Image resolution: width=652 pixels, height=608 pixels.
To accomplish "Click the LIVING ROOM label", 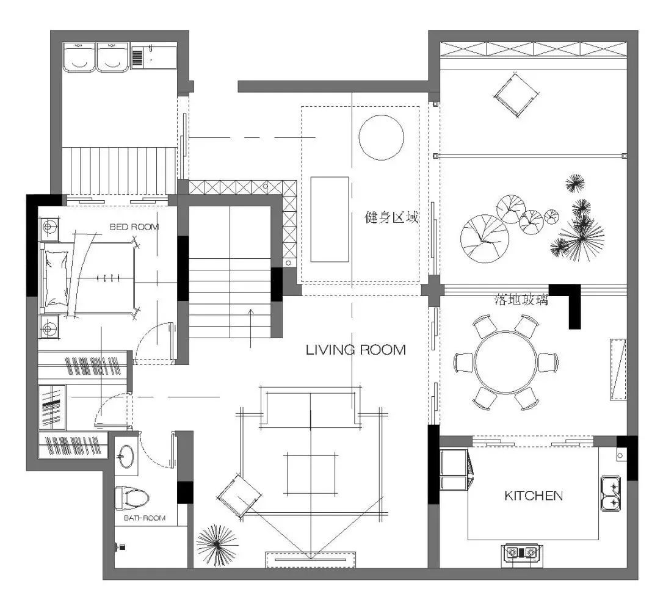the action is point(356,350).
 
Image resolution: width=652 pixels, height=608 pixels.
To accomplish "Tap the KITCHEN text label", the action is point(534,495).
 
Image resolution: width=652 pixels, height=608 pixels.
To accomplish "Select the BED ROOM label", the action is point(134,226).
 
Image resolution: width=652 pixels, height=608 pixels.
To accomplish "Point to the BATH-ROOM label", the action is point(145,518).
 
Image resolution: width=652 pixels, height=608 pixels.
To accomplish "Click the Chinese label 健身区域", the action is point(392,217).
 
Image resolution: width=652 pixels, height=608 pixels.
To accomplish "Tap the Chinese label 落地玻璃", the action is point(521,300).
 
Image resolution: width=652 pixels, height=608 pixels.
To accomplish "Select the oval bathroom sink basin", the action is point(126,456).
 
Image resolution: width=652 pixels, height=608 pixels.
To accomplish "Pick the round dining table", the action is point(506,361).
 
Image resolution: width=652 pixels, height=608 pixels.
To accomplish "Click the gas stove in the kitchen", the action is point(521,552).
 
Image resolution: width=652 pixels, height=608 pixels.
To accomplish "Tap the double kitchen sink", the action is point(611,494).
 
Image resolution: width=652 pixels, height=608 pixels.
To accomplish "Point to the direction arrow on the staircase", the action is point(251,328).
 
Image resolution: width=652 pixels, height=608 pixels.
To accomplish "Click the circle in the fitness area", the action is point(382,138).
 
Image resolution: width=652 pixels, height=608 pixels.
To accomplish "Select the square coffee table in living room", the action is point(311,474).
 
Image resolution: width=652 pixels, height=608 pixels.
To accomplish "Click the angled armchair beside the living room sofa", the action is point(239,496).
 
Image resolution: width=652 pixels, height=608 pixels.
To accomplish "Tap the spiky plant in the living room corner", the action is point(217,545).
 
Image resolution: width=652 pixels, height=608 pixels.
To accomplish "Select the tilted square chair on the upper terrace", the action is point(515,95).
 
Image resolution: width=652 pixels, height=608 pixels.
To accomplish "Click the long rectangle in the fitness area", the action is point(330,220).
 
